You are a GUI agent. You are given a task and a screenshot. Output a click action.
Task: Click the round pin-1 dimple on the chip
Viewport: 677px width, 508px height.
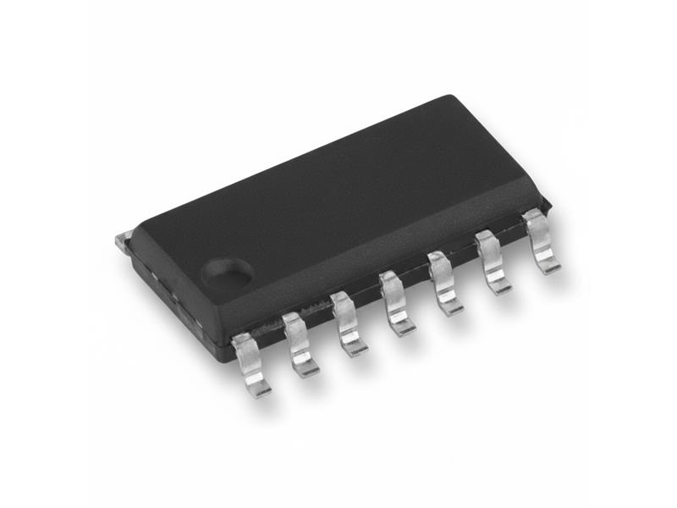coord(227,271)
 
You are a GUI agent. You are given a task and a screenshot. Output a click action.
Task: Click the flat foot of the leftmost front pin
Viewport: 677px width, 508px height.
coord(259,389)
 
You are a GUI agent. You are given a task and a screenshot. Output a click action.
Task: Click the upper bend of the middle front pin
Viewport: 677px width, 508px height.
coord(390,280)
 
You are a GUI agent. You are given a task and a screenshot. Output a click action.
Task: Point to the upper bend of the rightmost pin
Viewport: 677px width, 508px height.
coord(533,218)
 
